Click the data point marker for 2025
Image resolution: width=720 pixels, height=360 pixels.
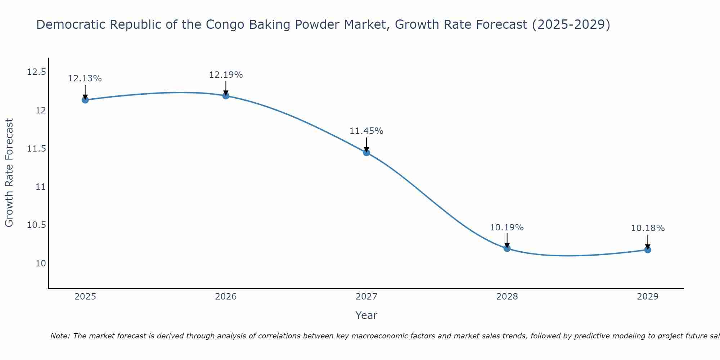[85, 100]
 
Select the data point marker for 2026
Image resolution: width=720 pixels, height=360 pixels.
[226, 95]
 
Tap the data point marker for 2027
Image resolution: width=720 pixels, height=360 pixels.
[366, 152]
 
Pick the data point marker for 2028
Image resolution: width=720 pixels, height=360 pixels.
[507, 248]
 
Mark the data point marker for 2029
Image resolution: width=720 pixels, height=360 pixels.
[648, 249]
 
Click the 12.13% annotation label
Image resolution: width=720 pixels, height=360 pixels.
[85, 78]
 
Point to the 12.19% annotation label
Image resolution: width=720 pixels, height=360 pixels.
[226, 75]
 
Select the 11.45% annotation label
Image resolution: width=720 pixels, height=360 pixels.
[366, 131]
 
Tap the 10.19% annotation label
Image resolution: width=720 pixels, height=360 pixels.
[507, 228]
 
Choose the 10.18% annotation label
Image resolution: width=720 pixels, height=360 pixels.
[648, 228]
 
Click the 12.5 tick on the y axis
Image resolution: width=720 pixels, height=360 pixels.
[37, 72]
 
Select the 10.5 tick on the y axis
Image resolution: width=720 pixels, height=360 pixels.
[37, 225]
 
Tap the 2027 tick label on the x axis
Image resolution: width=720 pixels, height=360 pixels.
[366, 297]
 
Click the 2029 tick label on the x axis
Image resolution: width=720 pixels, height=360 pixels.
[648, 297]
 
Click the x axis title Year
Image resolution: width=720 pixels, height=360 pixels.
[366, 315]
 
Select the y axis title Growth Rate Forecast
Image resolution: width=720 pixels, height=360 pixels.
[9, 173]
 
